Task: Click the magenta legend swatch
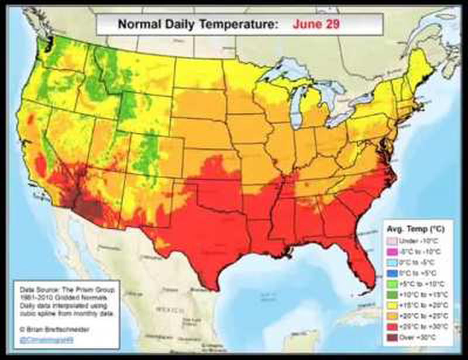[392, 251]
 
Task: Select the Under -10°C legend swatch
[392, 241]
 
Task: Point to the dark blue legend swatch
[392, 272]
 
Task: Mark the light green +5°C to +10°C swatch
[392, 283]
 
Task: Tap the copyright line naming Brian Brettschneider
[53, 328]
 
